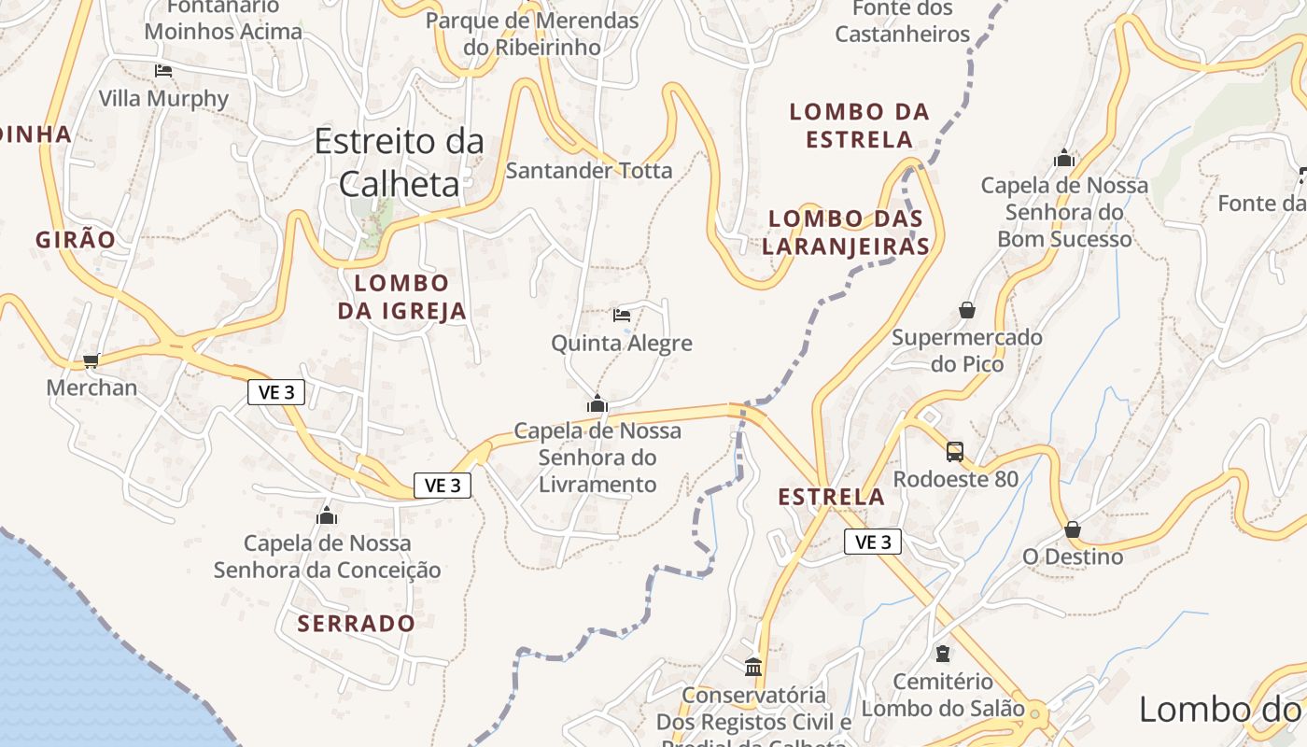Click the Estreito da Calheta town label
(400, 162)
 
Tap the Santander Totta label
(589, 170)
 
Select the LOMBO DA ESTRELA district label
(860, 125)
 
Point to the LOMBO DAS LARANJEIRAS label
(846, 233)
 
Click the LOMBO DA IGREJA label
(401, 297)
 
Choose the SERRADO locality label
(357, 623)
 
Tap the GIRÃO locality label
(76, 240)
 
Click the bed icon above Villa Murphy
(163, 70)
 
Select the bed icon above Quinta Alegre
(622, 315)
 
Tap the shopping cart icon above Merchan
(91, 360)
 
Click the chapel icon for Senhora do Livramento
(597, 404)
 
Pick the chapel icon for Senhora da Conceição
(327, 515)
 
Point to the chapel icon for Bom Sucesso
(1064, 159)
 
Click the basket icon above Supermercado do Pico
(967, 310)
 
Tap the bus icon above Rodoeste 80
(955, 452)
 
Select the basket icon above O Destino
(1073, 529)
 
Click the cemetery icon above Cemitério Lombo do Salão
(943, 654)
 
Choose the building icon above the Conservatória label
(753, 667)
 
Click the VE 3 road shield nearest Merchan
(276, 392)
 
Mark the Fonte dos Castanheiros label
(903, 22)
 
